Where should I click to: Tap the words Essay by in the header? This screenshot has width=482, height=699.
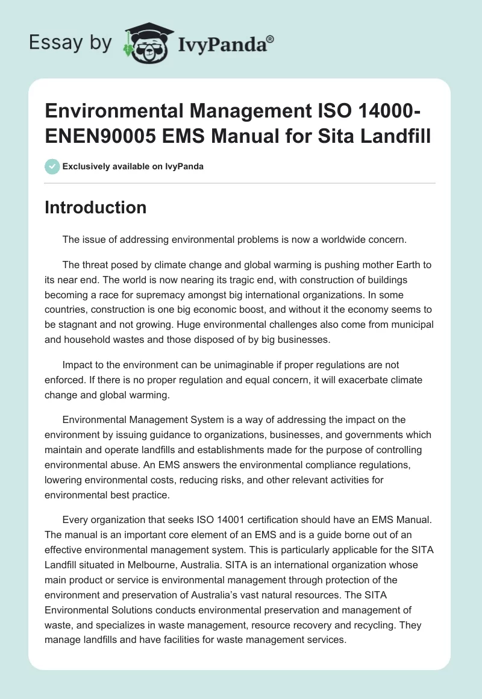70,43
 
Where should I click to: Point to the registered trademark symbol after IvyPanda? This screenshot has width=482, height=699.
271,39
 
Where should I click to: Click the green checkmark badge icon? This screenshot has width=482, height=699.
52,166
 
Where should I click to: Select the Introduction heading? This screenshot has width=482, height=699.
96,208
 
